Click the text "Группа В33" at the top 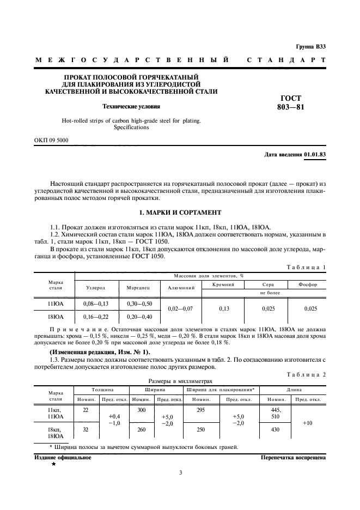tap(311, 46)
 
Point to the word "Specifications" tap(131, 127)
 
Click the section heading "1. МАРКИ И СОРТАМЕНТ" tap(180, 211)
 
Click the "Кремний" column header tap(223, 284)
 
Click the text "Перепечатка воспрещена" tap(292, 458)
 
